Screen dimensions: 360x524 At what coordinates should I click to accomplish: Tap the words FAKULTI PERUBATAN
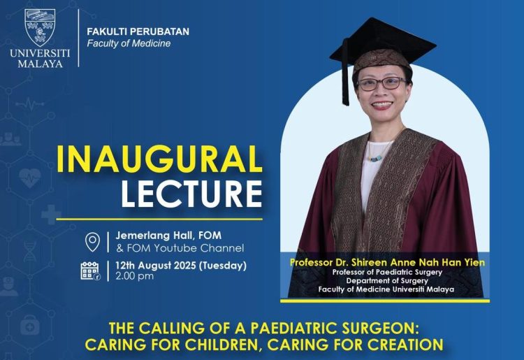pyautogui.click(x=138, y=31)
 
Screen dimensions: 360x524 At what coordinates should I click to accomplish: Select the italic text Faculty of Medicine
pyautogui.click(x=129, y=43)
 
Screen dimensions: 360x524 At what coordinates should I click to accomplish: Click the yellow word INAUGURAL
pyautogui.click(x=159, y=160)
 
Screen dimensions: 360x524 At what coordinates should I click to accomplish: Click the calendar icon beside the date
pyautogui.click(x=91, y=271)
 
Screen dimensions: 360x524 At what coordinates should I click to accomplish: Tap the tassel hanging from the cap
pyautogui.click(x=345, y=84)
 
